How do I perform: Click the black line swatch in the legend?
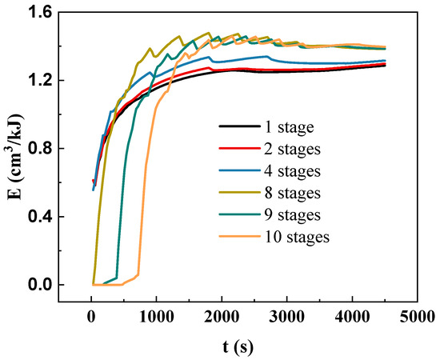238,127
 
